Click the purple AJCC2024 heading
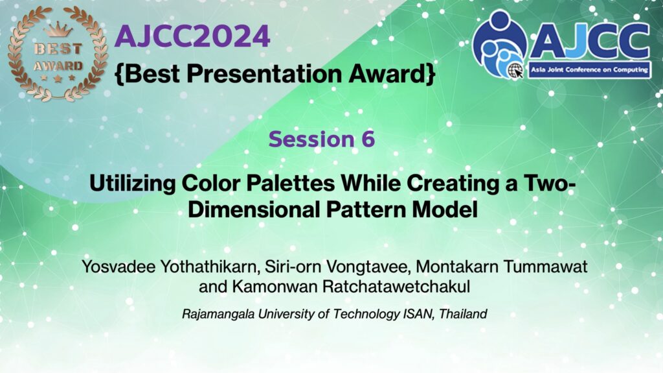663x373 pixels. [x=192, y=36]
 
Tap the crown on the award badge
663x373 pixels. [x=58, y=30]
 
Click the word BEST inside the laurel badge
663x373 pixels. [x=58, y=49]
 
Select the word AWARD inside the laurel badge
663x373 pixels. [x=58, y=66]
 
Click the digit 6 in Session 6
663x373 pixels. [x=368, y=139]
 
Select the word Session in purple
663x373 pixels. [x=311, y=139]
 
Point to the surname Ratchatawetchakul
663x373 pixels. [x=396, y=287]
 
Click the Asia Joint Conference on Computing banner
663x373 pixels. [x=589, y=70]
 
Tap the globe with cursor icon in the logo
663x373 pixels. [x=516, y=70]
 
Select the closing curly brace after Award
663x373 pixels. [x=431, y=74]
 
